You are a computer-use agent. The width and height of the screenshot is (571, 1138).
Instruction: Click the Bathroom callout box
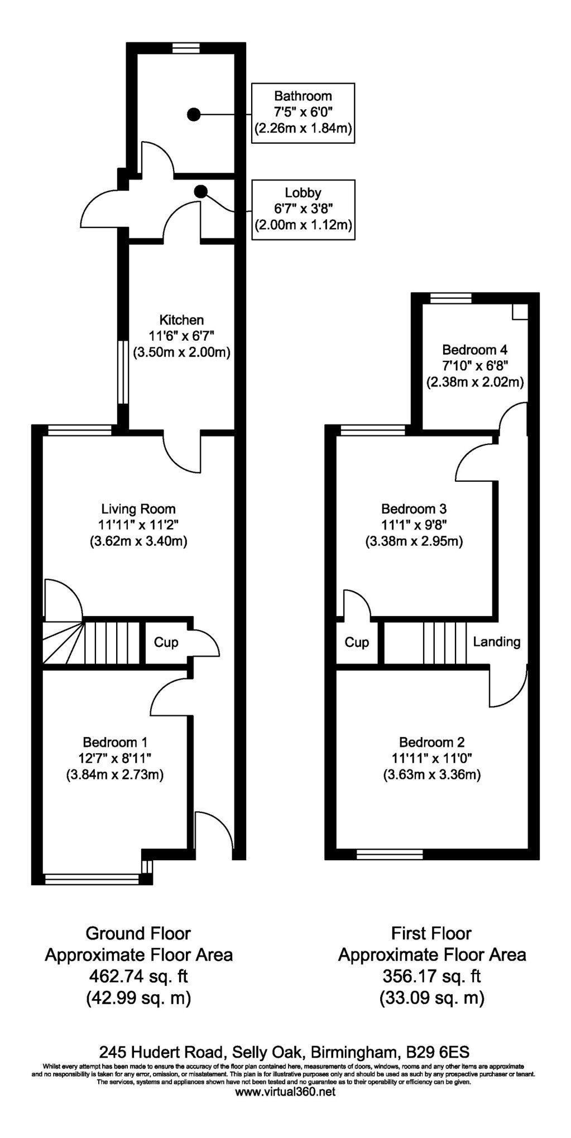(x=304, y=113)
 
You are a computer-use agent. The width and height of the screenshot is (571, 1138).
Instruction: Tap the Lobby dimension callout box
(x=304, y=210)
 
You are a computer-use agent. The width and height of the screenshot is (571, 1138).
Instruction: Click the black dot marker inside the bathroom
(x=193, y=114)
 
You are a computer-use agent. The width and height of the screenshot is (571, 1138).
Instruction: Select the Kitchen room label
(x=182, y=320)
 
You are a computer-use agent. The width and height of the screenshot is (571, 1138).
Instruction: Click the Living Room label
(x=138, y=509)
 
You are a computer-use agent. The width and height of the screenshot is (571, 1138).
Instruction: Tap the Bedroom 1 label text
(x=115, y=742)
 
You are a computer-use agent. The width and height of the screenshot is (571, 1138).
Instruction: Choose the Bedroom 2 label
(x=431, y=742)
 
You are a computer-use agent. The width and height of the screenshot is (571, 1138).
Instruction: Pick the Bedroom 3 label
(x=414, y=509)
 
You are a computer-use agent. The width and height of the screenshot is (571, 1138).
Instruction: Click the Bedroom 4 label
(x=475, y=350)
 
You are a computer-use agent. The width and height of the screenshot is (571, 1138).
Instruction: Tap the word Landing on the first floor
(x=497, y=642)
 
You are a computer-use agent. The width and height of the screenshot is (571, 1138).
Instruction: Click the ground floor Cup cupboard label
(x=166, y=642)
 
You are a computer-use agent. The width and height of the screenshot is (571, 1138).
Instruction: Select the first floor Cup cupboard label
(x=357, y=642)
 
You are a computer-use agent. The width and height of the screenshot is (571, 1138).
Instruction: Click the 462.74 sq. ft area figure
(x=138, y=976)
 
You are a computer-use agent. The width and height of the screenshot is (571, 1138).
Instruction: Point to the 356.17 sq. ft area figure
(x=431, y=976)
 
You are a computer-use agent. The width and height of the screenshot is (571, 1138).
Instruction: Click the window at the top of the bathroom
(x=185, y=48)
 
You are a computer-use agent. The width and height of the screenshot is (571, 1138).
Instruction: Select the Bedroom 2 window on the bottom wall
(x=390, y=854)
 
